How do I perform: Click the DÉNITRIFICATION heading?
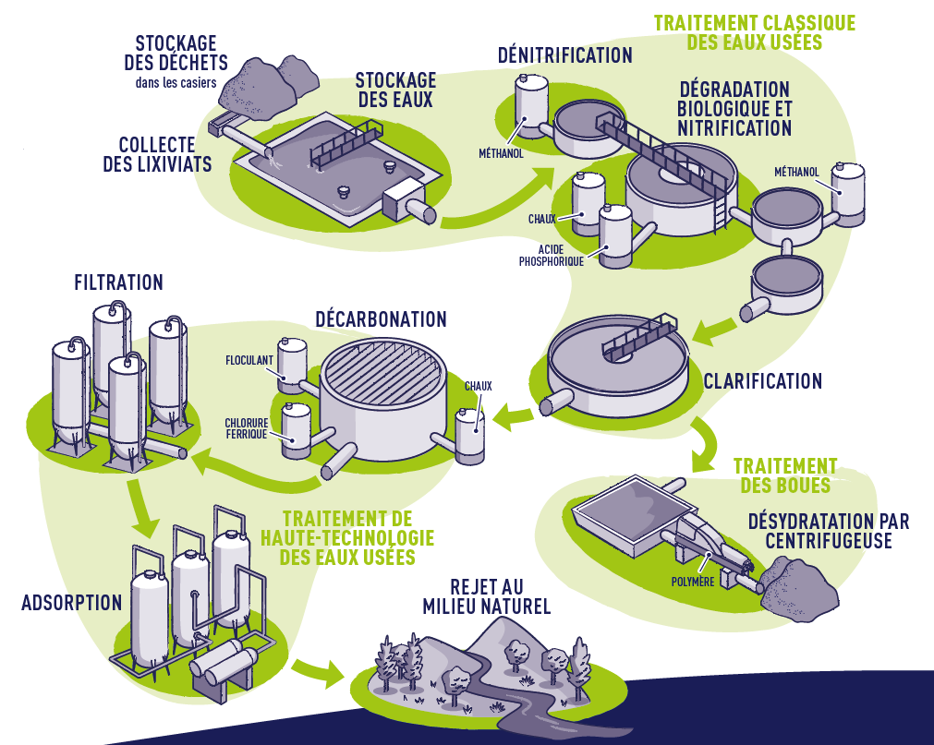564,55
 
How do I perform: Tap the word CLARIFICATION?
762,380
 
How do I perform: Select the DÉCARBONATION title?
381,319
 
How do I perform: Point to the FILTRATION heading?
118,282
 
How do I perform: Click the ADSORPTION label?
71,603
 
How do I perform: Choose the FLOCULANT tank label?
250,360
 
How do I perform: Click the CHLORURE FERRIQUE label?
246,428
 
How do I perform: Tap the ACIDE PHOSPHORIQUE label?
551,256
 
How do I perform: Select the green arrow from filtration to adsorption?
145,513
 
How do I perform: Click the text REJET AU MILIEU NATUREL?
486,595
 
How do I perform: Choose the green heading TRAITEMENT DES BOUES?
784,475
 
